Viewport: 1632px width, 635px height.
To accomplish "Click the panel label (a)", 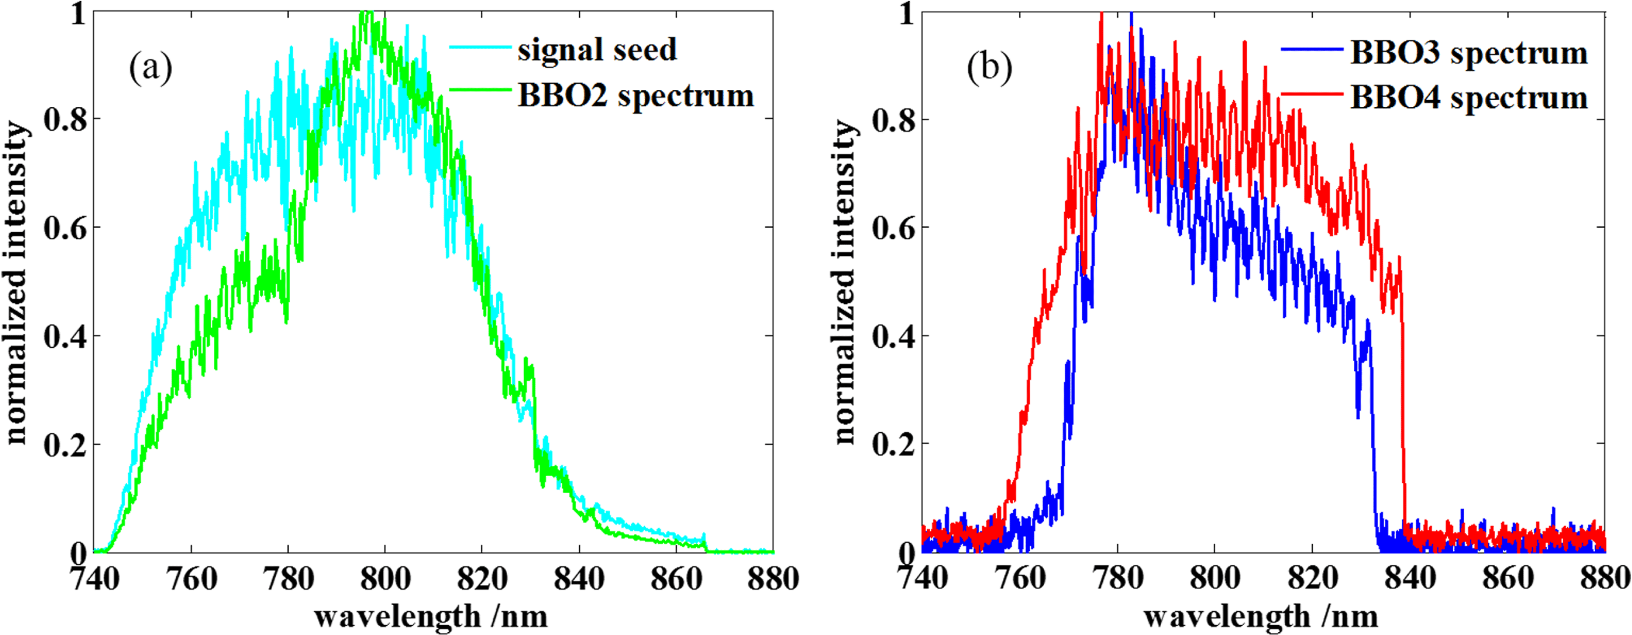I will [151, 69].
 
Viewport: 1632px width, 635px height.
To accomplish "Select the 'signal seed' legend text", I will [597, 49].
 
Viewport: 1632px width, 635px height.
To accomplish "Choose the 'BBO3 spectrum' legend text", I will [1468, 52].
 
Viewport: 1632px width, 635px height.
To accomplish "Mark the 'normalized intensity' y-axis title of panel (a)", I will [17, 282].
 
